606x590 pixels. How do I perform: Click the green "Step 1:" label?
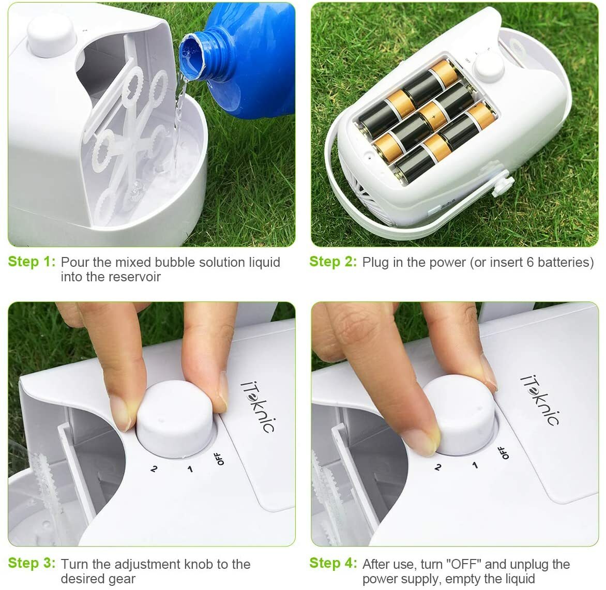pyautogui.click(x=31, y=262)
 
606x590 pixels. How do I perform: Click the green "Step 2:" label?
pyautogui.click(x=333, y=262)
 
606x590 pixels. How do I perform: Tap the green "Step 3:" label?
pyautogui.click(x=31, y=563)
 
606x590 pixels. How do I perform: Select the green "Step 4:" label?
pyautogui.click(x=333, y=563)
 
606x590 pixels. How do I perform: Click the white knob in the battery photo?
pyautogui.click(x=487, y=66)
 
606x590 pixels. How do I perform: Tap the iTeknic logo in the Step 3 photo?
pyautogui.click(x=258, y=406)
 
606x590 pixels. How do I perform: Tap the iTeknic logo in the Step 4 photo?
pyautogui.click(x=539, y=400)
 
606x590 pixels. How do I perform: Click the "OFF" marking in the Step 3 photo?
pyautogui.click(x=220, y=458)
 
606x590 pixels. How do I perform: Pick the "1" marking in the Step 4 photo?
pyautogui.click(x=475, y=465)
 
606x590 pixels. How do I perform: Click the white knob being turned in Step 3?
pyautogui.click(x=176, y=419)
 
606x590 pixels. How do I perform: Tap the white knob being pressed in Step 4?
pyautogui.click(x=460, y=414)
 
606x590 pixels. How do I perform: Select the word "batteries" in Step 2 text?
pyautogui.click(x=565, y=262)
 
